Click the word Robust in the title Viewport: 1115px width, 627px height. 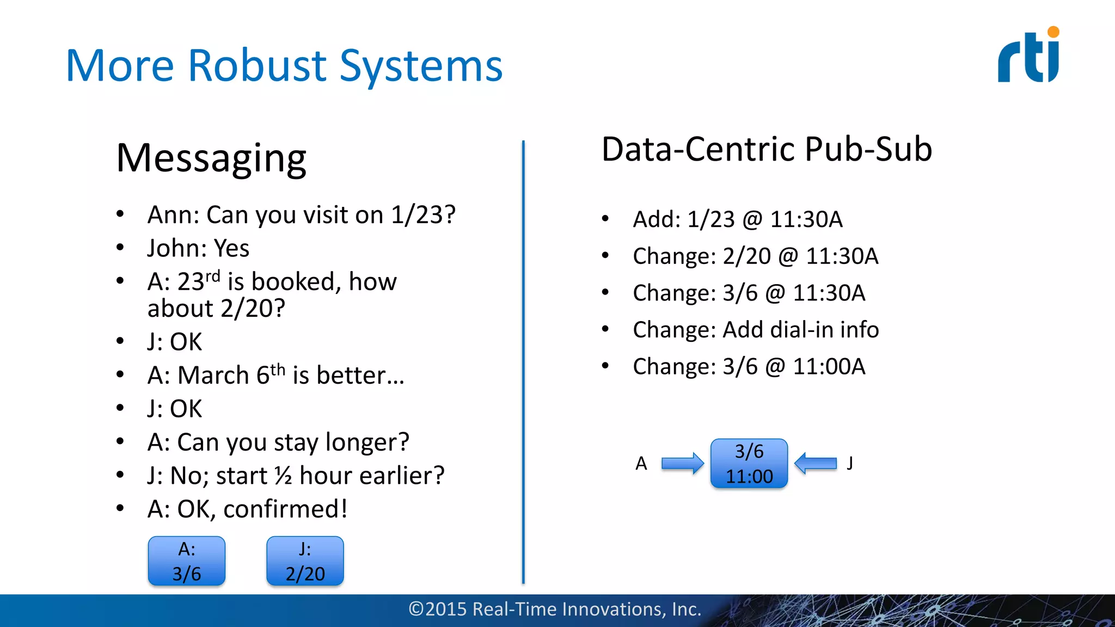[x=258, y=66]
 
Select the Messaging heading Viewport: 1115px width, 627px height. [x=211, y=158]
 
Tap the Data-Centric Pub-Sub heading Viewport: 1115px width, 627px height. [x=766, y=149]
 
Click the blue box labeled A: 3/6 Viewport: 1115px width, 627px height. [x=187, y=561]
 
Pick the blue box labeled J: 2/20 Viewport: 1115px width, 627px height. [x=305, y=561]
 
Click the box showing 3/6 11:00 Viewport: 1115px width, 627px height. [x=749, y=464]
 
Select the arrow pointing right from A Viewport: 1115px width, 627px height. [x=682, y=464]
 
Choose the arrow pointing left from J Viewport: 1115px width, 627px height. [x=816, y=464]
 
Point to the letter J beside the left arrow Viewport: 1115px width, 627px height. [x=850, y=463]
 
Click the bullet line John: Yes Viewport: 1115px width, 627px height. [x=198, y=248]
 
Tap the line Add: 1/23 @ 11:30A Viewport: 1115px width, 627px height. [x=737, y=219]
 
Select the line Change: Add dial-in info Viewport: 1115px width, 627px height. [x=755, y=330]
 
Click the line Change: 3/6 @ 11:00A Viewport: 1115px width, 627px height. [x=749, y=367]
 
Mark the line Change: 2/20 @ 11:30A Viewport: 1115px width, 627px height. [x=755, y=256]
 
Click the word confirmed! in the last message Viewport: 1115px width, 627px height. [x=285, y=509]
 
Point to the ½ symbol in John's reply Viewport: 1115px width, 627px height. [x=283, y=476]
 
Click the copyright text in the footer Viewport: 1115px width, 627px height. [x=555, y=609]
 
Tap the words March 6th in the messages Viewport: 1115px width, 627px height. [x=231, y=376]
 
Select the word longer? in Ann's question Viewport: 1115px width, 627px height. [x=367, y=442]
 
